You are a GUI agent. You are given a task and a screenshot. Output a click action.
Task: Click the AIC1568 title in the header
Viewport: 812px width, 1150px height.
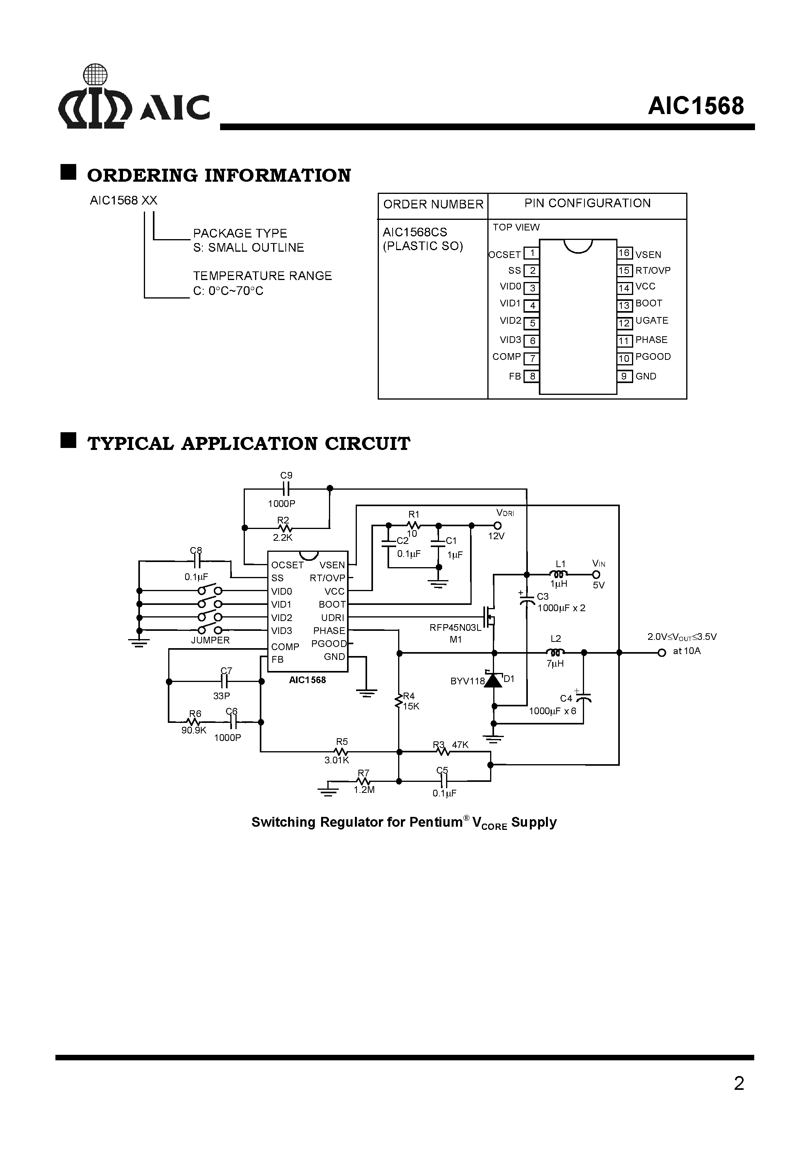click(695, 106)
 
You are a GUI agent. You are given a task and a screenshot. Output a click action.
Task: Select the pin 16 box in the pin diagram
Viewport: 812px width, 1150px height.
click(624, 253)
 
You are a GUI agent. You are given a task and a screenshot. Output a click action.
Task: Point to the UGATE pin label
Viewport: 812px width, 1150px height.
click(651, 321)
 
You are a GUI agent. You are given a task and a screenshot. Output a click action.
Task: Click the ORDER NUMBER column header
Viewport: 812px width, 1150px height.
click(433, 205)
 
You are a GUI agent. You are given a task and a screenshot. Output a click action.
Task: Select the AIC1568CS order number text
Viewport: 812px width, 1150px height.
click(415, 232)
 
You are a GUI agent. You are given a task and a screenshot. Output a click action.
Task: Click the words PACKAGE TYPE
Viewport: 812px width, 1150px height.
click(240, 233)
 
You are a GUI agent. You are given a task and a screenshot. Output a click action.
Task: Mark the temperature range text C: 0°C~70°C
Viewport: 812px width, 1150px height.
click(228, 291)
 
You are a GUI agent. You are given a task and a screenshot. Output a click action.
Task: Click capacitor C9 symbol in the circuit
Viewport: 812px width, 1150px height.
click(286, 488)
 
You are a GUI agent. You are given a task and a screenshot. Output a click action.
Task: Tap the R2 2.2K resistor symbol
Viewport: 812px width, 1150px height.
click(284, 528)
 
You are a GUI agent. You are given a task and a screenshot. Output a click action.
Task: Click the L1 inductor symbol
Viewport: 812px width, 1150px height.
click(559, 575)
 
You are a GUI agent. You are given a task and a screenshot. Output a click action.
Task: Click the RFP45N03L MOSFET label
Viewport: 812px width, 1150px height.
click(455, 628)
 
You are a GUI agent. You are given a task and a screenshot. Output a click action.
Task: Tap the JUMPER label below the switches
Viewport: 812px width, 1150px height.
click(210, 640)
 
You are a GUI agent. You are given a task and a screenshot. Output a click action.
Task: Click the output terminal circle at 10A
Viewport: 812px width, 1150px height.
click(661, 652)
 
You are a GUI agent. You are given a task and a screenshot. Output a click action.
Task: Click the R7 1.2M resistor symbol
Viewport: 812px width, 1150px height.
click(364, 781)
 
